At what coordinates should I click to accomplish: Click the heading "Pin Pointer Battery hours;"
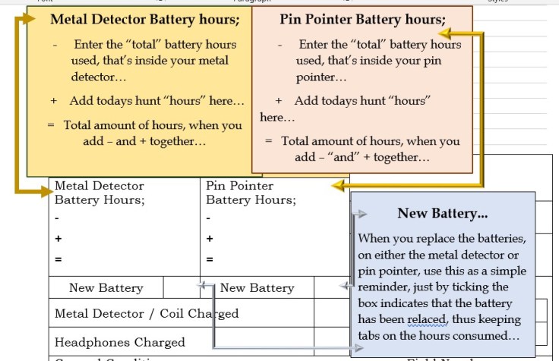click(x=362, y=19)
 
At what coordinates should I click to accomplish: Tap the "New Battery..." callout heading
click(x=442, y=214)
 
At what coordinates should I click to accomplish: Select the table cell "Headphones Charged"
click(x=120, y=342)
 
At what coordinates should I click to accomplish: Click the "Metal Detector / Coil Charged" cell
click(x=147, y=313)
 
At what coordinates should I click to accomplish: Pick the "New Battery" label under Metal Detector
click(x=106, y=288)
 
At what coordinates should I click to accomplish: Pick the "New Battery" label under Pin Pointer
click(x=257, y=288)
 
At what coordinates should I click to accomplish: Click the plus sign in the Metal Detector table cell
click(x=58, y=238)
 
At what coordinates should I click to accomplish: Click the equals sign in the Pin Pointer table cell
click(x=210, y=259)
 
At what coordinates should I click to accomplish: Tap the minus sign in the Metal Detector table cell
click(x=58, y=218)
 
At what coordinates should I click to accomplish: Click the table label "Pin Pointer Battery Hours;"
click(x=250, y=193)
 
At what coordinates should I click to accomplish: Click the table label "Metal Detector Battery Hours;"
click(x=99, y=193)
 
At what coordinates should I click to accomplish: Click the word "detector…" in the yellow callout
click(x=99, y=77)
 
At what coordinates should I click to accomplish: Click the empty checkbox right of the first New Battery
click(x=182, y=287)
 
